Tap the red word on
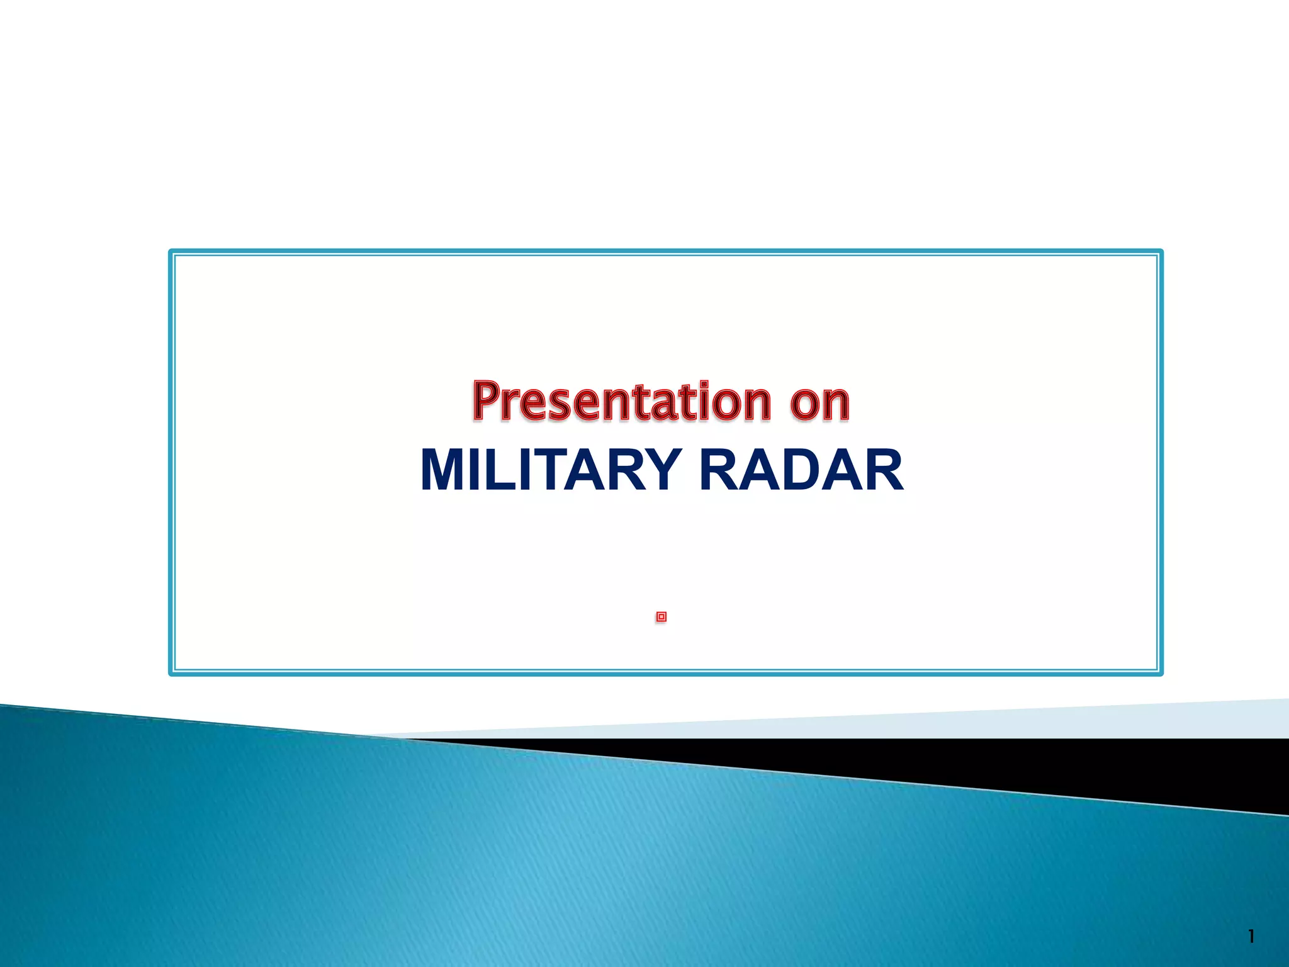coord(819,402)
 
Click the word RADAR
coord(801,470)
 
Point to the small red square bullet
coord(661,617)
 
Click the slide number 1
coord(1251,937)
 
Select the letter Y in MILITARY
coord(659,470)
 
